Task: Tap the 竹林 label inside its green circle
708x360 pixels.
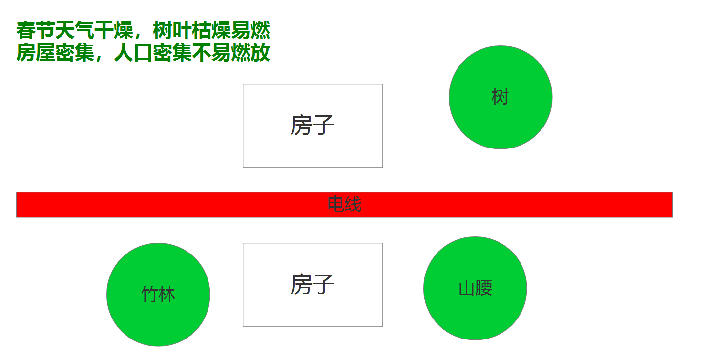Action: (x=158, y=295)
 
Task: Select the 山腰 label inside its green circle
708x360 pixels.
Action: (x=475, y=288)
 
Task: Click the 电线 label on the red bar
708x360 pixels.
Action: (x=344, y=204)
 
